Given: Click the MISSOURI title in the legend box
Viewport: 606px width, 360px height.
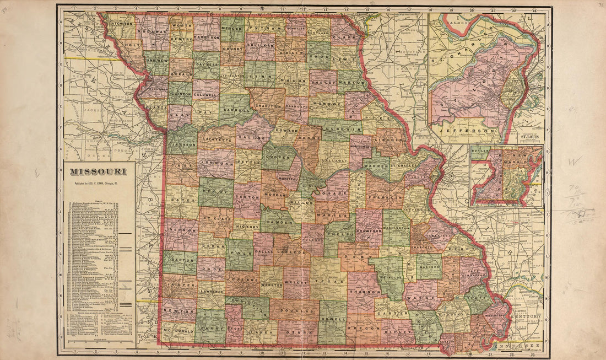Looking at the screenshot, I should [x=98, y=171].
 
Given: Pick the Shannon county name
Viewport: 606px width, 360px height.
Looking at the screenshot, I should [x=365, y=291].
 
